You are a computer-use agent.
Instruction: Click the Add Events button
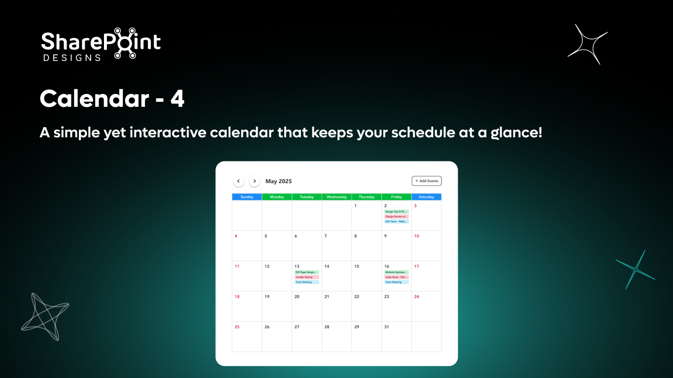[427, 181]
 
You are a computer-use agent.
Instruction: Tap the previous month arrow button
[238, 181]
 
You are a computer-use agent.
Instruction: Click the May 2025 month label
[278, 181]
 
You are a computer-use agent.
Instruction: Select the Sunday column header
[247, 197]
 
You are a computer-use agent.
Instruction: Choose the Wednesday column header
[336, 197]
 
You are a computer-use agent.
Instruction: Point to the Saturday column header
[426, 197]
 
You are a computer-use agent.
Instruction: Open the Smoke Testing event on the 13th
[306, 277]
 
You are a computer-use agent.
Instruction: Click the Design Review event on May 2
[396, 217]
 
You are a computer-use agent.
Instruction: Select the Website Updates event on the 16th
[396, 272]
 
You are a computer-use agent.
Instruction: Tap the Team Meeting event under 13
[306, 282]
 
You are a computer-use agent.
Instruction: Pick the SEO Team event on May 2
[396, 221]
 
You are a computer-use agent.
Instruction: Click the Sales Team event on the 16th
[396, 277]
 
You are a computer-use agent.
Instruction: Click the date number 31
[387, 327]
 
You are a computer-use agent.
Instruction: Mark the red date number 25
[237, 327]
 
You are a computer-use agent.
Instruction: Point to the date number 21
[327, 297]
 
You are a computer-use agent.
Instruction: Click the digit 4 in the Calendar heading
[177, 99]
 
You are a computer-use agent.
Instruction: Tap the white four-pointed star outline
[588, 44]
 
